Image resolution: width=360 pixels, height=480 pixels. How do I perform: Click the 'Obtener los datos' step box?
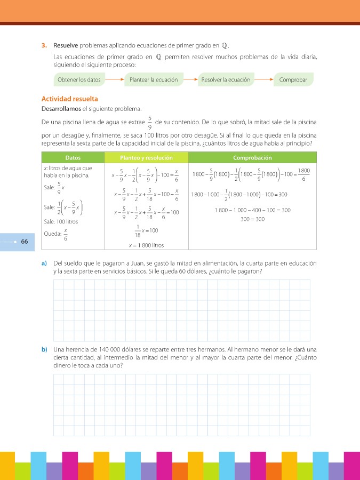point(78,79)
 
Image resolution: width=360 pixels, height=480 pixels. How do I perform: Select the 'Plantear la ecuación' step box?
point(154,79)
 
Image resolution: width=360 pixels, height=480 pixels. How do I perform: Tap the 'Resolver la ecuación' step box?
point(226,79)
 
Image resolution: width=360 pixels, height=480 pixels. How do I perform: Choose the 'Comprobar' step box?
point(293,79)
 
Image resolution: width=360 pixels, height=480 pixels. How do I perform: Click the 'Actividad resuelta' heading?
point(69,99)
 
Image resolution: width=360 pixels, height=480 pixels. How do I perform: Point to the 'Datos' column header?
point(73,158)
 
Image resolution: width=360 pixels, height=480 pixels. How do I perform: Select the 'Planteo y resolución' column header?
point(146,158)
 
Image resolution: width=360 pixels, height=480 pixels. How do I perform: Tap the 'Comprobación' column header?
point(252,158)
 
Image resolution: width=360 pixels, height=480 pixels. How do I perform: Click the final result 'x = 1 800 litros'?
point(146,246)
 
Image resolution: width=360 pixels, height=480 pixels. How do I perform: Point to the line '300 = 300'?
point(252,219)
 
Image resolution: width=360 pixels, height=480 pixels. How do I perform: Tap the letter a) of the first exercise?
point(44,263)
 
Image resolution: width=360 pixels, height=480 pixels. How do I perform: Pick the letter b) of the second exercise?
point(44,349)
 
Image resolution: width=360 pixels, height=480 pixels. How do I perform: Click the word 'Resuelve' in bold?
point(67,45)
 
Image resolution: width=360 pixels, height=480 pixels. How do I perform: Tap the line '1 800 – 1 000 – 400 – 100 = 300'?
point(252,210)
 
